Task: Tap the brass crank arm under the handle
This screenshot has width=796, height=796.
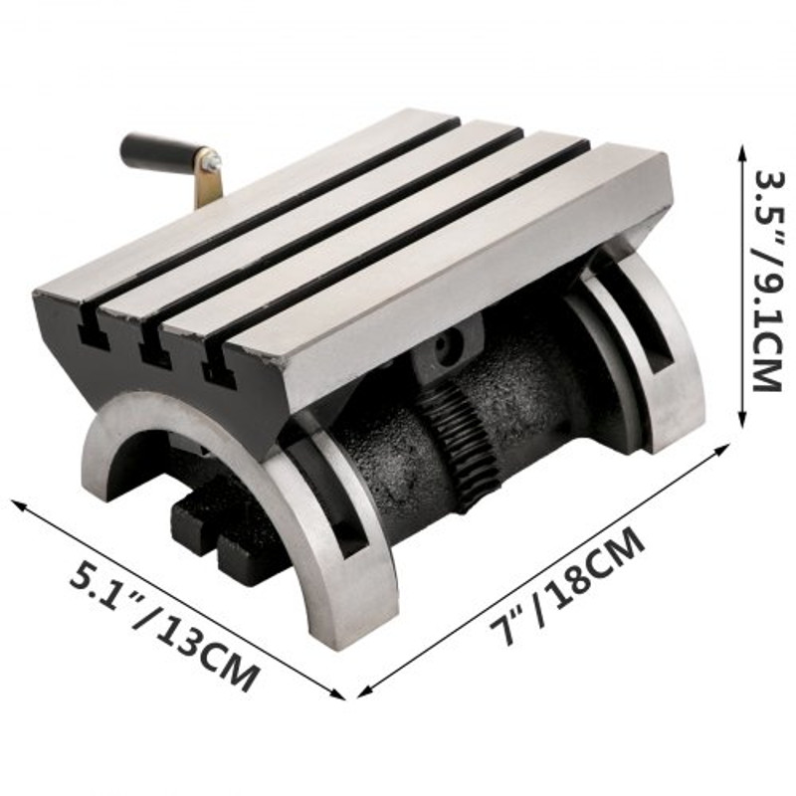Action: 208,185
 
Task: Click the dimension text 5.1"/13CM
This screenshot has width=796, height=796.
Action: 164,628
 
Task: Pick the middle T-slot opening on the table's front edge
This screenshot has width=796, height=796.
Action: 155,353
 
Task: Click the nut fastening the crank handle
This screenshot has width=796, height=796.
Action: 213,159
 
